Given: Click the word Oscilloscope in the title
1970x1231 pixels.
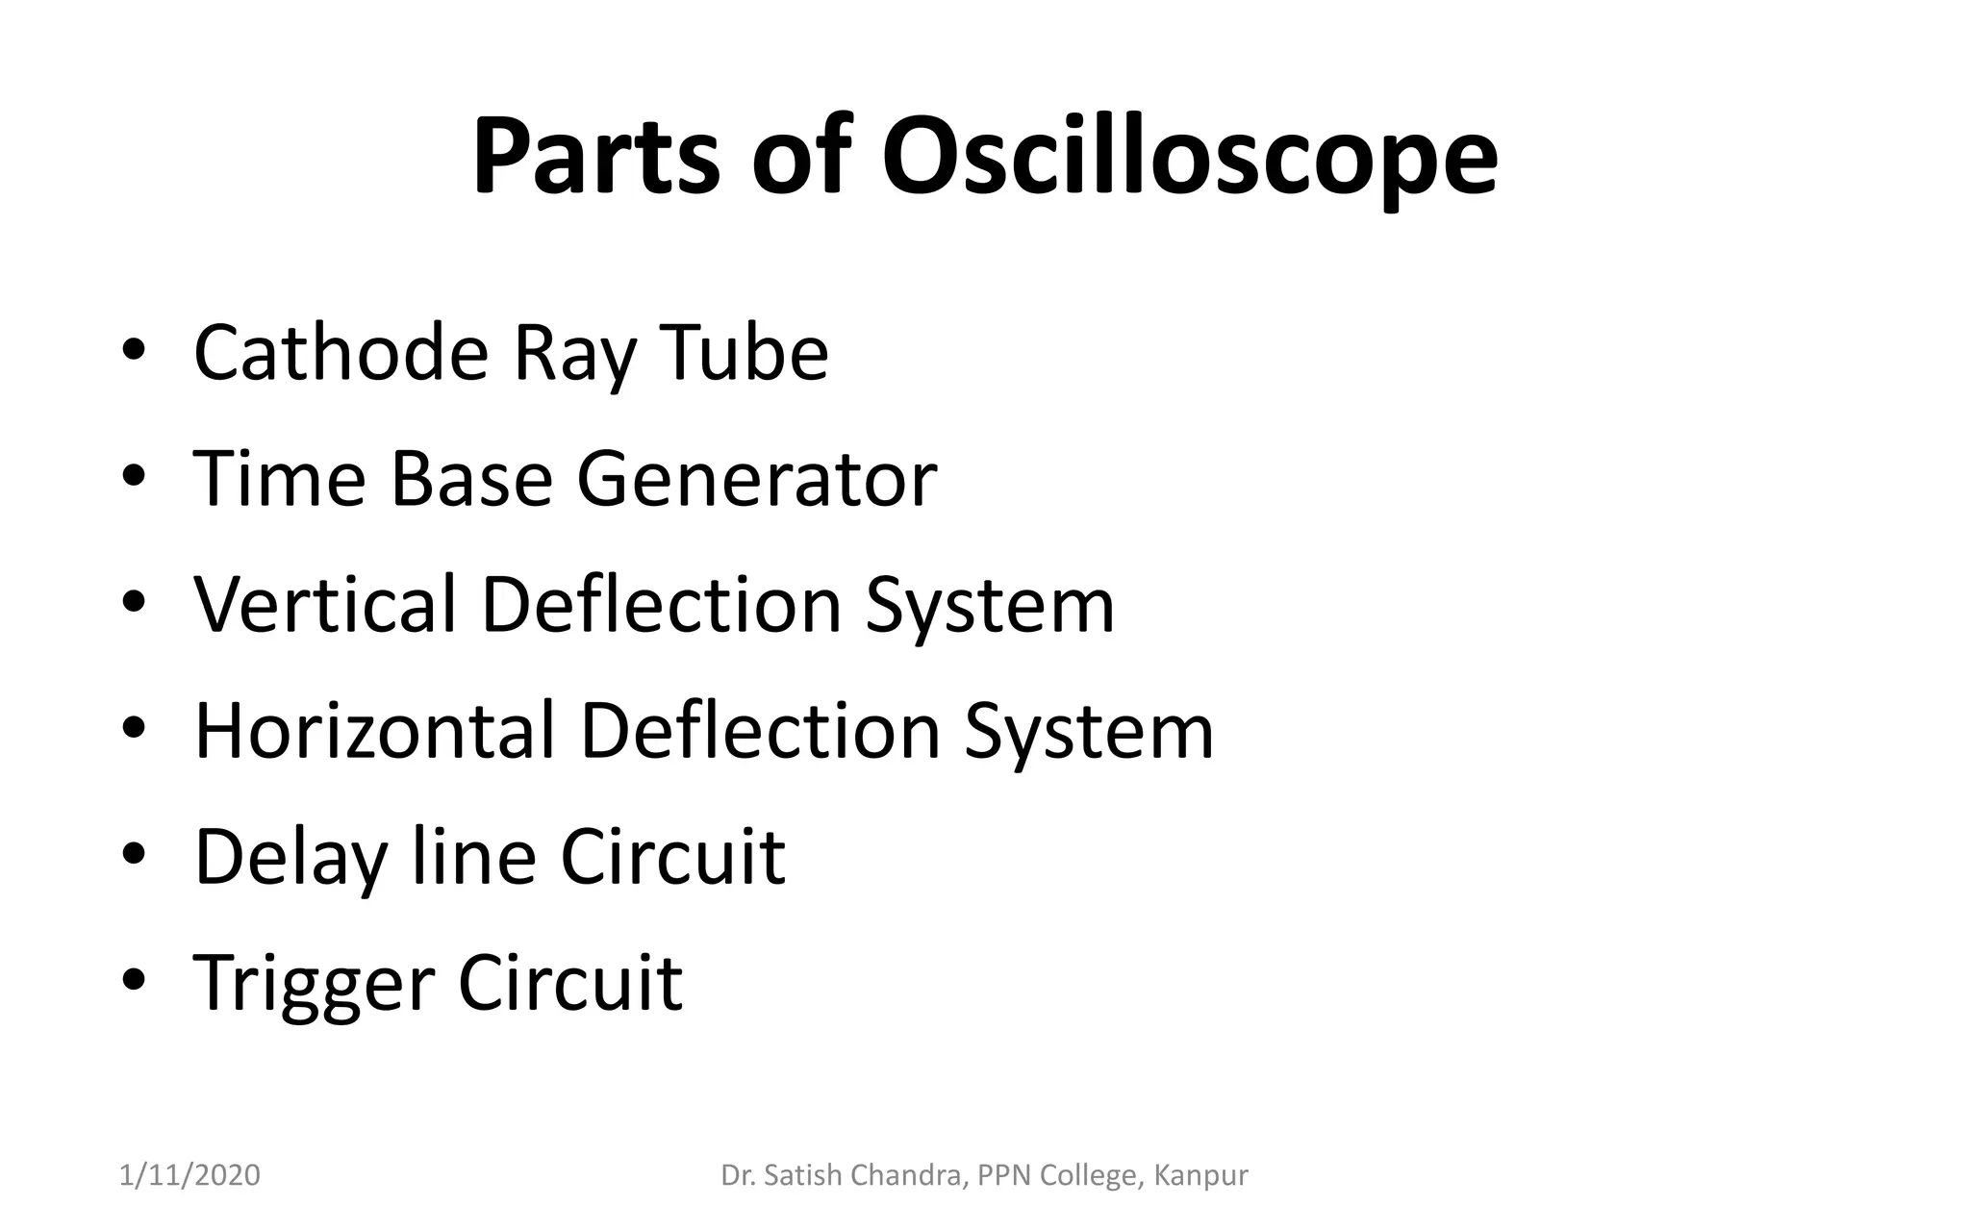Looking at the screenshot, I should [x=1189, y=156].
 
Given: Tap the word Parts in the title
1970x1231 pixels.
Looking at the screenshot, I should [x=595, y=156].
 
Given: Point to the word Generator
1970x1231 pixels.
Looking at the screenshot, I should [x=756, y=479].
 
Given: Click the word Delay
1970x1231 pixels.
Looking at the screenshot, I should [x=290, y=857].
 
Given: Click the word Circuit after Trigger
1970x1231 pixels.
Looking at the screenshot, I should [x=569, y=983].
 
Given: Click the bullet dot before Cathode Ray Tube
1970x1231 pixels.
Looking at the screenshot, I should [x=134, y=351].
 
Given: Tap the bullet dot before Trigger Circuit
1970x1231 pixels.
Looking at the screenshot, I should [x=134, y=981].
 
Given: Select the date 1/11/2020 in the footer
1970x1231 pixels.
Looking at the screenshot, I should [x=189, y=1175].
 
